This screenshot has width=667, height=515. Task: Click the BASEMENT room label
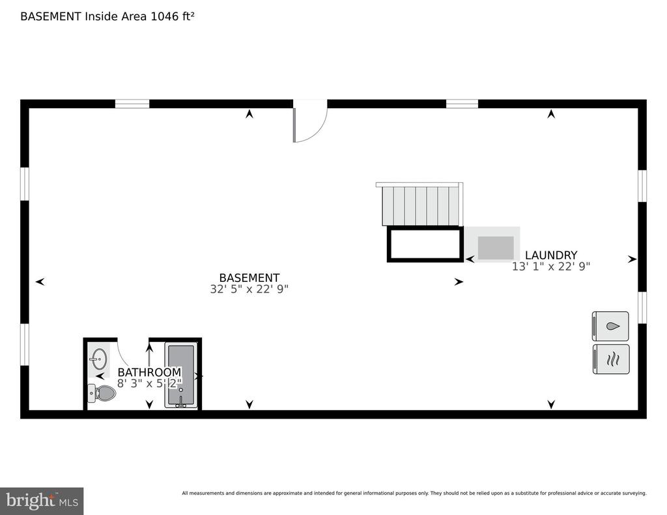pos(249,278)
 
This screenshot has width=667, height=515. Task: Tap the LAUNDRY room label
pos(551,255)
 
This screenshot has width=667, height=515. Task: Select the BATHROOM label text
pos(149,372)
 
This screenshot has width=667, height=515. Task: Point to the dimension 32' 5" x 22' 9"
pos(249,289)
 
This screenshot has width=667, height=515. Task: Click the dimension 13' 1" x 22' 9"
pos(551,267)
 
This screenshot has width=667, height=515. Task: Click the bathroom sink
pos(99,360)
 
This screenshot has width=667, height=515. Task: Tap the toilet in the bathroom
pos(102,393)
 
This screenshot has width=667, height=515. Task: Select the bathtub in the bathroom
pos(181,375)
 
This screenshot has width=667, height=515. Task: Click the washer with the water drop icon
pos(610,326)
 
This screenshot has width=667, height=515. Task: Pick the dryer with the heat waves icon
pos(611,359)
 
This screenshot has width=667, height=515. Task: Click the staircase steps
pos(421,206)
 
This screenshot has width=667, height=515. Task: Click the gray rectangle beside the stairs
pos(496,248)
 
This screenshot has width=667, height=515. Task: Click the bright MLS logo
pos(42,501)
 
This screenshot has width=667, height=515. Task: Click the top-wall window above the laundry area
pos(462,104)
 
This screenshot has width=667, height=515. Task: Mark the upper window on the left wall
pos(25,184)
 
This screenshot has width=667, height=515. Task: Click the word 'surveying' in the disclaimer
pos(634,494)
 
